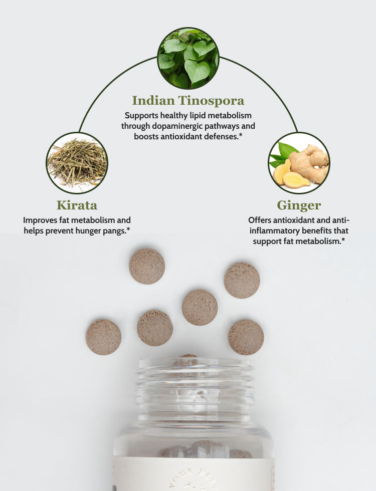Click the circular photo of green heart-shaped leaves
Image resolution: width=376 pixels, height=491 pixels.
[x=188, y=58]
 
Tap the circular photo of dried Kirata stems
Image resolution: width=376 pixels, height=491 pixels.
[x=77, y=163]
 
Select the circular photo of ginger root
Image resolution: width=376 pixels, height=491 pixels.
[x=299, y=163]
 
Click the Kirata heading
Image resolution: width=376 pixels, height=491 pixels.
[x=77, y=205]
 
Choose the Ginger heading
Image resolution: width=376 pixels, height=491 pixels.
[x=299, y=205]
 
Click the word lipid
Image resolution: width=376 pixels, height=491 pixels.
[x=190, y=115]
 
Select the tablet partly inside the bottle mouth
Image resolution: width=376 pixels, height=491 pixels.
[x=188, y=357]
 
